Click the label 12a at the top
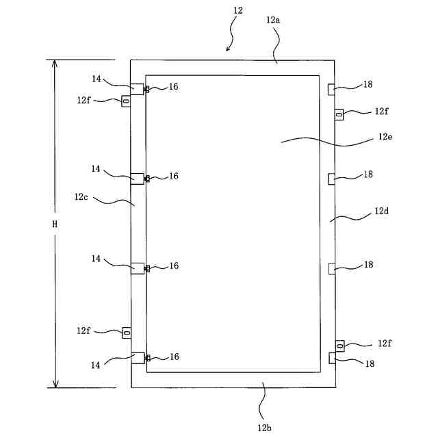point(273,21)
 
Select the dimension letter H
point(55,223)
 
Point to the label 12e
point(384,136)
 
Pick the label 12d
point(382,212)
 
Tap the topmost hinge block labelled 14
point(138,88)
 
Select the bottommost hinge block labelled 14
point(138,358)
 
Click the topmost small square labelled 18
point(332,88)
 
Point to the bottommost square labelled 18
point(333,357)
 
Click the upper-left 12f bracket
point(126,101)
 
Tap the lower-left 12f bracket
point(126,332)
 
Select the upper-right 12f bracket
point(339,114)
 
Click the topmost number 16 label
point(174,87)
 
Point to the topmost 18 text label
point(368,84)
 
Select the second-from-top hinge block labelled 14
point(138,178)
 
